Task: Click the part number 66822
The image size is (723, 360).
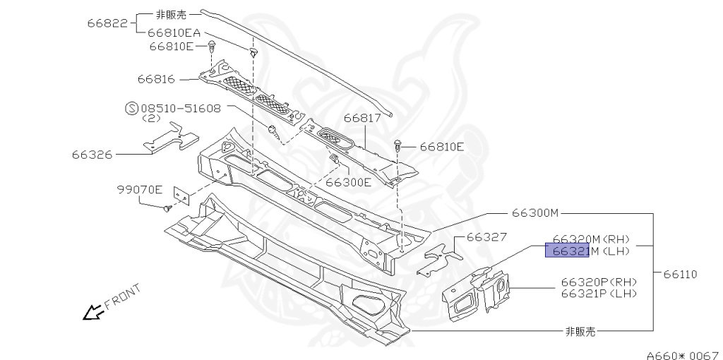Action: [107, 23]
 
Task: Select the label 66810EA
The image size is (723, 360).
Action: [174, 33]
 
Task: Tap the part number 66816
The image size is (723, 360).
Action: [156, 79]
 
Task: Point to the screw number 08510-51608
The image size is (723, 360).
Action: [181, 109]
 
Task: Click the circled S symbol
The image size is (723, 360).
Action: [131, 109]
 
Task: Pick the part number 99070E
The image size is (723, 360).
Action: [140, 189]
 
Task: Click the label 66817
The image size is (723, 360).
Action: [362, 119]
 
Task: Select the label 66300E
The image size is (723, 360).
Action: [348, 181]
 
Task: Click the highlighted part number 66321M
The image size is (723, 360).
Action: [566, 250]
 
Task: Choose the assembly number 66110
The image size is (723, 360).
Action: [680, 274]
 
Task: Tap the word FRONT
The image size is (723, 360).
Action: [123, 296]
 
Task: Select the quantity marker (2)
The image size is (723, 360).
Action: [151, 119]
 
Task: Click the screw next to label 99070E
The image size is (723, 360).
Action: [167, 208]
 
